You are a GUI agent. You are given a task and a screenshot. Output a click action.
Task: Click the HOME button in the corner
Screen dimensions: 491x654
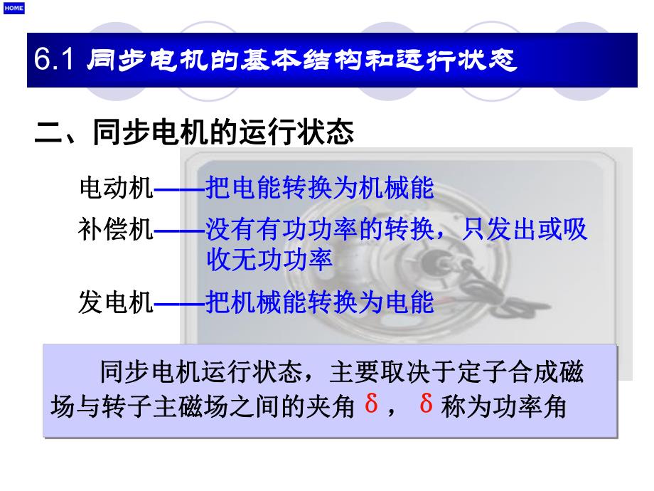14,8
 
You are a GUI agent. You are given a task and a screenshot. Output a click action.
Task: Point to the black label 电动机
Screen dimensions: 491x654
116,189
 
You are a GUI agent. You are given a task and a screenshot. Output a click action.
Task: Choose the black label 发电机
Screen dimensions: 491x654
116,303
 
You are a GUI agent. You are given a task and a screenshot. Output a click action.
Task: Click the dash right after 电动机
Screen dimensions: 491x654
179,189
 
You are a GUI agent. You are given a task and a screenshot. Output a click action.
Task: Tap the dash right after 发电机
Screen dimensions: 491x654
179,304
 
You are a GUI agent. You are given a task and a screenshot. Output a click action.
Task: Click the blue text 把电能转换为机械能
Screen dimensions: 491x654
319,189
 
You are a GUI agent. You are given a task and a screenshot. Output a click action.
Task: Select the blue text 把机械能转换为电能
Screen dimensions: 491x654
319,303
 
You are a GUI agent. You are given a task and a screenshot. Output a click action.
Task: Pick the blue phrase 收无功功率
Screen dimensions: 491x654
269,260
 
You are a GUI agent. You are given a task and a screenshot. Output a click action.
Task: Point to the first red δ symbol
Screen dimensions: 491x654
371,403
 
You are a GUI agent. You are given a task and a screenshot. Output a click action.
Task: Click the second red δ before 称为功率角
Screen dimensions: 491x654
427,403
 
